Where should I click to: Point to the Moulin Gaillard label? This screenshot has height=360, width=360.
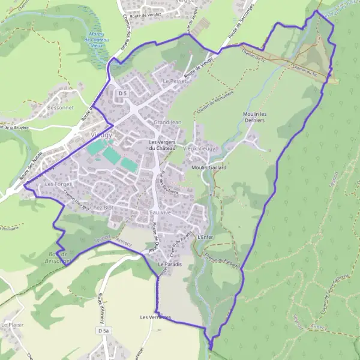tap(208, 168)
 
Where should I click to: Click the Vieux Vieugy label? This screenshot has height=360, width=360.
tap(199, 148)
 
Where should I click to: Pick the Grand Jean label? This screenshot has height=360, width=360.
tap(167, 122)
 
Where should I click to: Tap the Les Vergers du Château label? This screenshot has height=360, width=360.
tap(162, 145)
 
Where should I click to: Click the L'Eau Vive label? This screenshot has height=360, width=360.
tap(158, 212)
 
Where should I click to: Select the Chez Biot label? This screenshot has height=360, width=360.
tap(100, 207)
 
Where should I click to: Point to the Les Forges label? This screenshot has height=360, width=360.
tap(58, 184)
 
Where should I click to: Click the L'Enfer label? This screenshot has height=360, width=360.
tap(205, 237)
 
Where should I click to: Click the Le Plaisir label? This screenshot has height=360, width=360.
tap(11, 325)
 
